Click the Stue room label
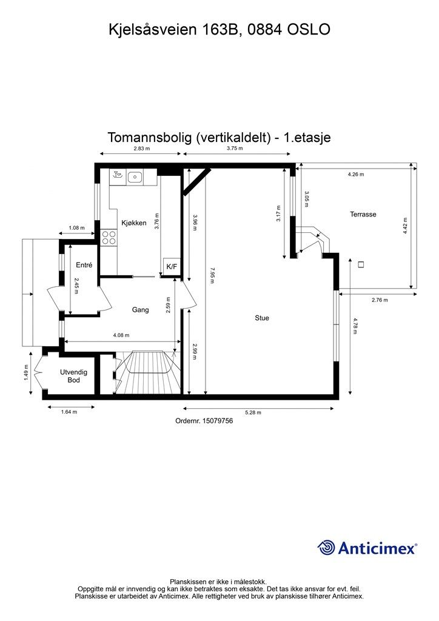(262, 318)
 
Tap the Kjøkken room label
(133, 223)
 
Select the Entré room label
(84, 265)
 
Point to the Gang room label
(141, 310)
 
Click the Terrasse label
(363, 214)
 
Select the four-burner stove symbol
(109, 237)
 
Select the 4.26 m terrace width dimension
(356, 175)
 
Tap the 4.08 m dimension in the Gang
(119, 335)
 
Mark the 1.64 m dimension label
(69, 412)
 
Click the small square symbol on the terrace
(361, 264)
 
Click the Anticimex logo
(367, 548)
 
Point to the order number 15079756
(204, 420)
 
